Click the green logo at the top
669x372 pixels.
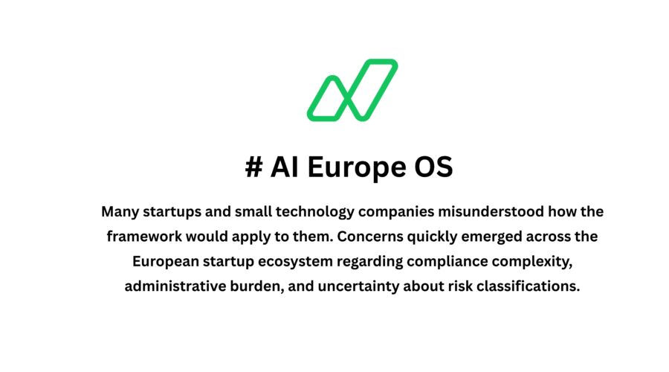click(352, 90)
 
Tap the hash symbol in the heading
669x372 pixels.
click(253, 167)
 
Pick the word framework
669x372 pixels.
click(144, 237)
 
